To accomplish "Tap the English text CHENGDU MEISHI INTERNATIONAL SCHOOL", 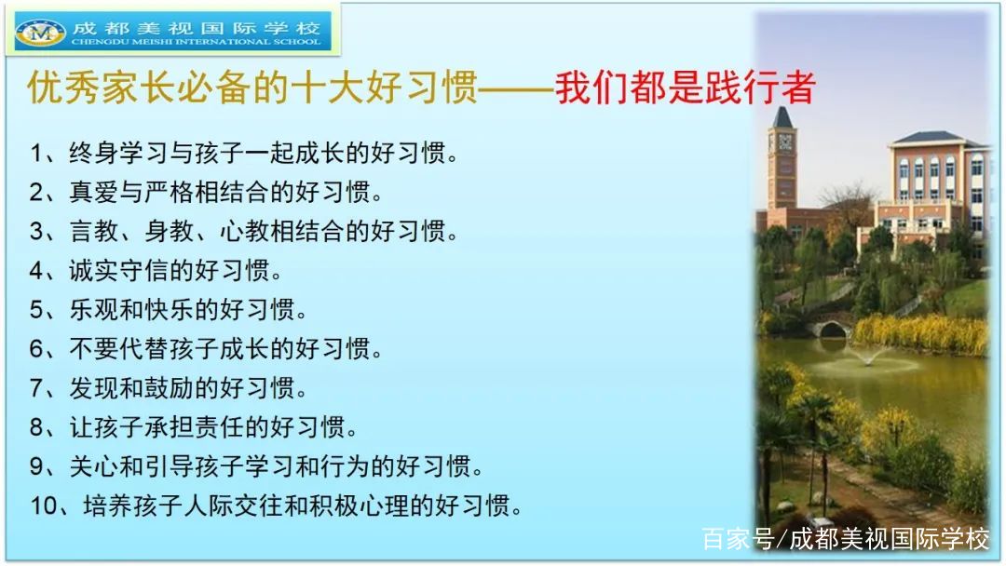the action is pos(196,42).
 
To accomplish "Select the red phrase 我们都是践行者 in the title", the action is pos(686,88).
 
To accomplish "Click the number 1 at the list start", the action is pos(36,154).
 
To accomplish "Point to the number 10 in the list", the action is pos(45,505).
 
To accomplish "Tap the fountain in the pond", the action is pos(867,357).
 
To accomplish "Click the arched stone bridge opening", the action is pos(832,330).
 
